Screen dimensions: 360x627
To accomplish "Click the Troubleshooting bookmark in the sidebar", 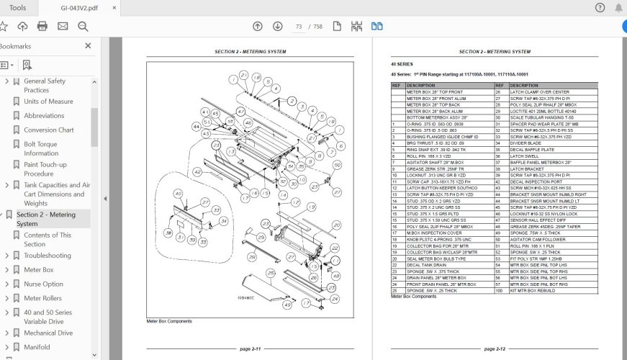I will (47, 256).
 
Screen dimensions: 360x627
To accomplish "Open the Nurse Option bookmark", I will (43, 284).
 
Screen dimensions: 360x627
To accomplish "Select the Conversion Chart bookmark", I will (48, 130).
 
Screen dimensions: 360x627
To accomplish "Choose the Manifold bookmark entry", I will (37, 347).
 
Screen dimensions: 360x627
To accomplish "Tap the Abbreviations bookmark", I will (44, 116).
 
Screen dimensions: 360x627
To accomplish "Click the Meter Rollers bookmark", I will (43, 298).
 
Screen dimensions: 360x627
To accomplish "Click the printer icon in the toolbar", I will (42, 27).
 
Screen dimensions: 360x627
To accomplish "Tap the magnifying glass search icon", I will (83, 27).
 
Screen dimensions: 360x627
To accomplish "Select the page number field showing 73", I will (298, 27).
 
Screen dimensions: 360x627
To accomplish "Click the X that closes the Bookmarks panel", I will (88, 46).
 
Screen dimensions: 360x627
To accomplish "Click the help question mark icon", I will (600, 8).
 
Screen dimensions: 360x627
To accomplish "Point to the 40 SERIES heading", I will (402, 64).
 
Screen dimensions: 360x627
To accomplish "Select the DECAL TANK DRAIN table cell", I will (428, 265).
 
